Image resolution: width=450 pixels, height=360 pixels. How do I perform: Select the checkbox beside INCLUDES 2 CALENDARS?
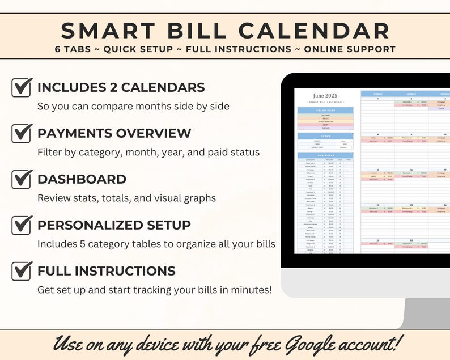22,87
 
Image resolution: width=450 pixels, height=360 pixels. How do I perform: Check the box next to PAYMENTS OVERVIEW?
22,133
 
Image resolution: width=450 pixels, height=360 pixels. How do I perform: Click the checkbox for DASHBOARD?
22,179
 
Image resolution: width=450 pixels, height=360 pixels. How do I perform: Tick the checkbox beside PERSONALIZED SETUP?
22,225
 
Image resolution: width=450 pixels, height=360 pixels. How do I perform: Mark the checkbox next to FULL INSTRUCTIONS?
22,270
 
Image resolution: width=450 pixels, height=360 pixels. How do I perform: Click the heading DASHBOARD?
82,179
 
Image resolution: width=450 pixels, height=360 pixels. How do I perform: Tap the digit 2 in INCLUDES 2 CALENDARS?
109,87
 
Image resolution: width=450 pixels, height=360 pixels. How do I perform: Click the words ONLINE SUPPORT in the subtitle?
350,49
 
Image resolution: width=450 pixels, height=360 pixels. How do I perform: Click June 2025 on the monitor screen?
325,96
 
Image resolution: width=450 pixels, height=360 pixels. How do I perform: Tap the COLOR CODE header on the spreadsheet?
325,110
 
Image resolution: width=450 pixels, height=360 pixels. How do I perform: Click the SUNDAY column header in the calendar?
377,94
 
